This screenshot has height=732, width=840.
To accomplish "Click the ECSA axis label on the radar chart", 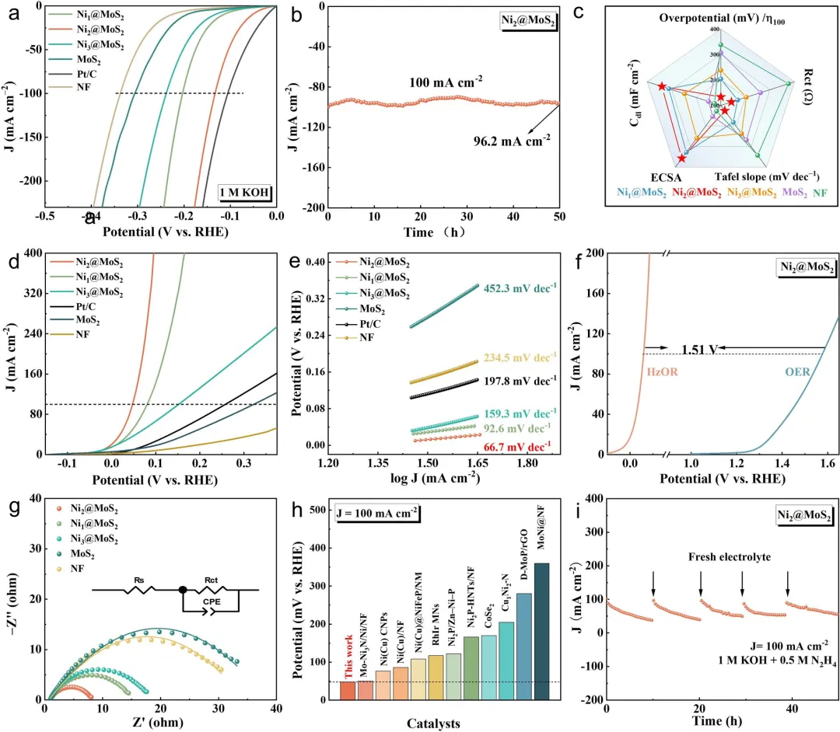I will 662,177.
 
